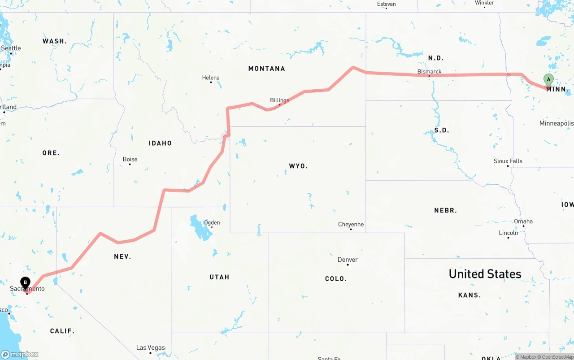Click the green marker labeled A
tap(548, 80)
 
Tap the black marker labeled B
tap(26, 283)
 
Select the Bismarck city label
tap(429, 71)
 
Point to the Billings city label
tap(279, 100)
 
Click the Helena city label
tap(211, 78)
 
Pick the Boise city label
tap(130, 159)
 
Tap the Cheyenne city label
tap(351, 224)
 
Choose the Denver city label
tap(348, 260)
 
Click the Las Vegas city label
tap(150, 347)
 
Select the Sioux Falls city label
tap(508, 161)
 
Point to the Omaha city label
tap(523, 221)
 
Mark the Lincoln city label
tap(508, 233)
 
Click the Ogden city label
tap(212, 222)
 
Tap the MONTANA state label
tap(266, 69)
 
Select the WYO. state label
tap(298, 166)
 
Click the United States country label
tap(485, 274)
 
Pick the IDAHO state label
tap(160, 143)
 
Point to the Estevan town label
tap(386, 4)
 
